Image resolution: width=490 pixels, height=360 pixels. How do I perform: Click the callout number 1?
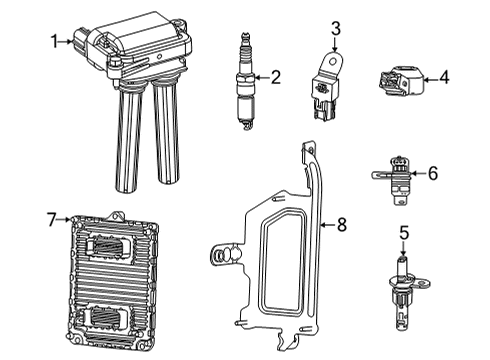click(x=54, y=41)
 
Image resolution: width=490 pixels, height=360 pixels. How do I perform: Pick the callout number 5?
click(x=405, y=233)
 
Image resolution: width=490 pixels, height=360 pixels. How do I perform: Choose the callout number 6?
click(x=432, y=173)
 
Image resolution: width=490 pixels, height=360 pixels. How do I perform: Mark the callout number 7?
click(x=53, y=217)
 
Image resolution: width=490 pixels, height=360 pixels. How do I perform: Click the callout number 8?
click(x=341, y=226)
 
